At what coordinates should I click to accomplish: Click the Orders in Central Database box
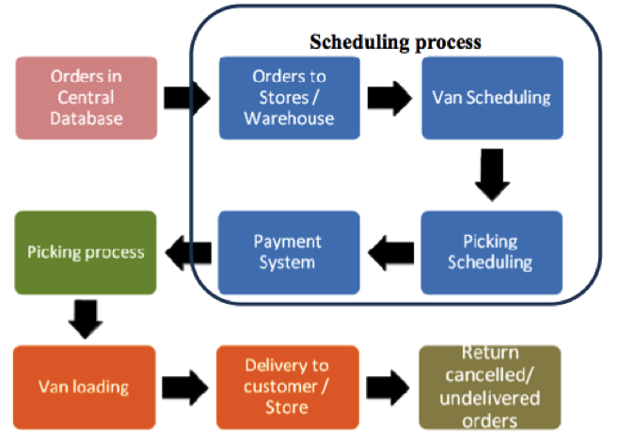click(86, 98)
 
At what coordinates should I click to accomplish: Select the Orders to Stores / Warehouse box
click(289, 97)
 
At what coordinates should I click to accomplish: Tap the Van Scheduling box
click(491, 98)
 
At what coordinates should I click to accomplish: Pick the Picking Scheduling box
click(491, 251)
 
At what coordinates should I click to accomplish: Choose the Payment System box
click(289, 252)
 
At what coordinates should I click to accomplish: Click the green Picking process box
click(86, 252)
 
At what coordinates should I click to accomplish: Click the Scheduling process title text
click(396, 42)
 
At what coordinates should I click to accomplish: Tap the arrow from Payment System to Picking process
click(187, 252)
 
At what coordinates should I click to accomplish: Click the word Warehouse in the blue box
click(289, 118)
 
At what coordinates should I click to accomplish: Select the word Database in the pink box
click(86, 118)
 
